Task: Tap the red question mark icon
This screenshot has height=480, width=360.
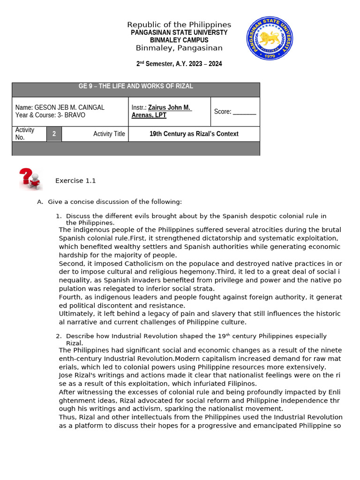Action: pyautogui.click(x=30, y=179)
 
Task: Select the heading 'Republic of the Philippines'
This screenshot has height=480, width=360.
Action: pyautogui.click(x=179, y=25)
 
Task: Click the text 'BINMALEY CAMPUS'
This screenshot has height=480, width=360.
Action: pyautogui.click(x=179, y=40)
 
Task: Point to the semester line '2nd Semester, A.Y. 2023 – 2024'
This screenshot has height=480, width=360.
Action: pyautogui.click(x=179, y=64)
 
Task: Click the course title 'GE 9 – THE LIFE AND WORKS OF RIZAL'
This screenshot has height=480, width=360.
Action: pyautogui.click(x=135, y=86)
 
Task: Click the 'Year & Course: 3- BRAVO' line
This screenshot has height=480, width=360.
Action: pyautogui.click(x=50, y=115)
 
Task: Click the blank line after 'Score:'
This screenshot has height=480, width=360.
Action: pyautogui.click(x=245, y=112)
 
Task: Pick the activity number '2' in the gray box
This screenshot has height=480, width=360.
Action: pyautogui.click(x=54, y=134)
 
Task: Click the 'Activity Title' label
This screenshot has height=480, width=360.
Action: pyautogui.click(x=109, y=134)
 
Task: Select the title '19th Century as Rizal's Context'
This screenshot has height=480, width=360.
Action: pyautogui.click(x=194, y=134)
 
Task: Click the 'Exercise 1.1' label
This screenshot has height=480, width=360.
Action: pyautogui.click(x=75, y=180)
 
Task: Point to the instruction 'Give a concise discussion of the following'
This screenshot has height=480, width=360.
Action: pyautogui.click(x=114, y=202)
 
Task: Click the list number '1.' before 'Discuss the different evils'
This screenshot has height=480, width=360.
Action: pyautogui.click(x=59, y=216)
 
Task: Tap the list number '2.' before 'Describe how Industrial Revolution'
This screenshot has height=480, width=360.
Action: pyautogui.click(x=59, y=336)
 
